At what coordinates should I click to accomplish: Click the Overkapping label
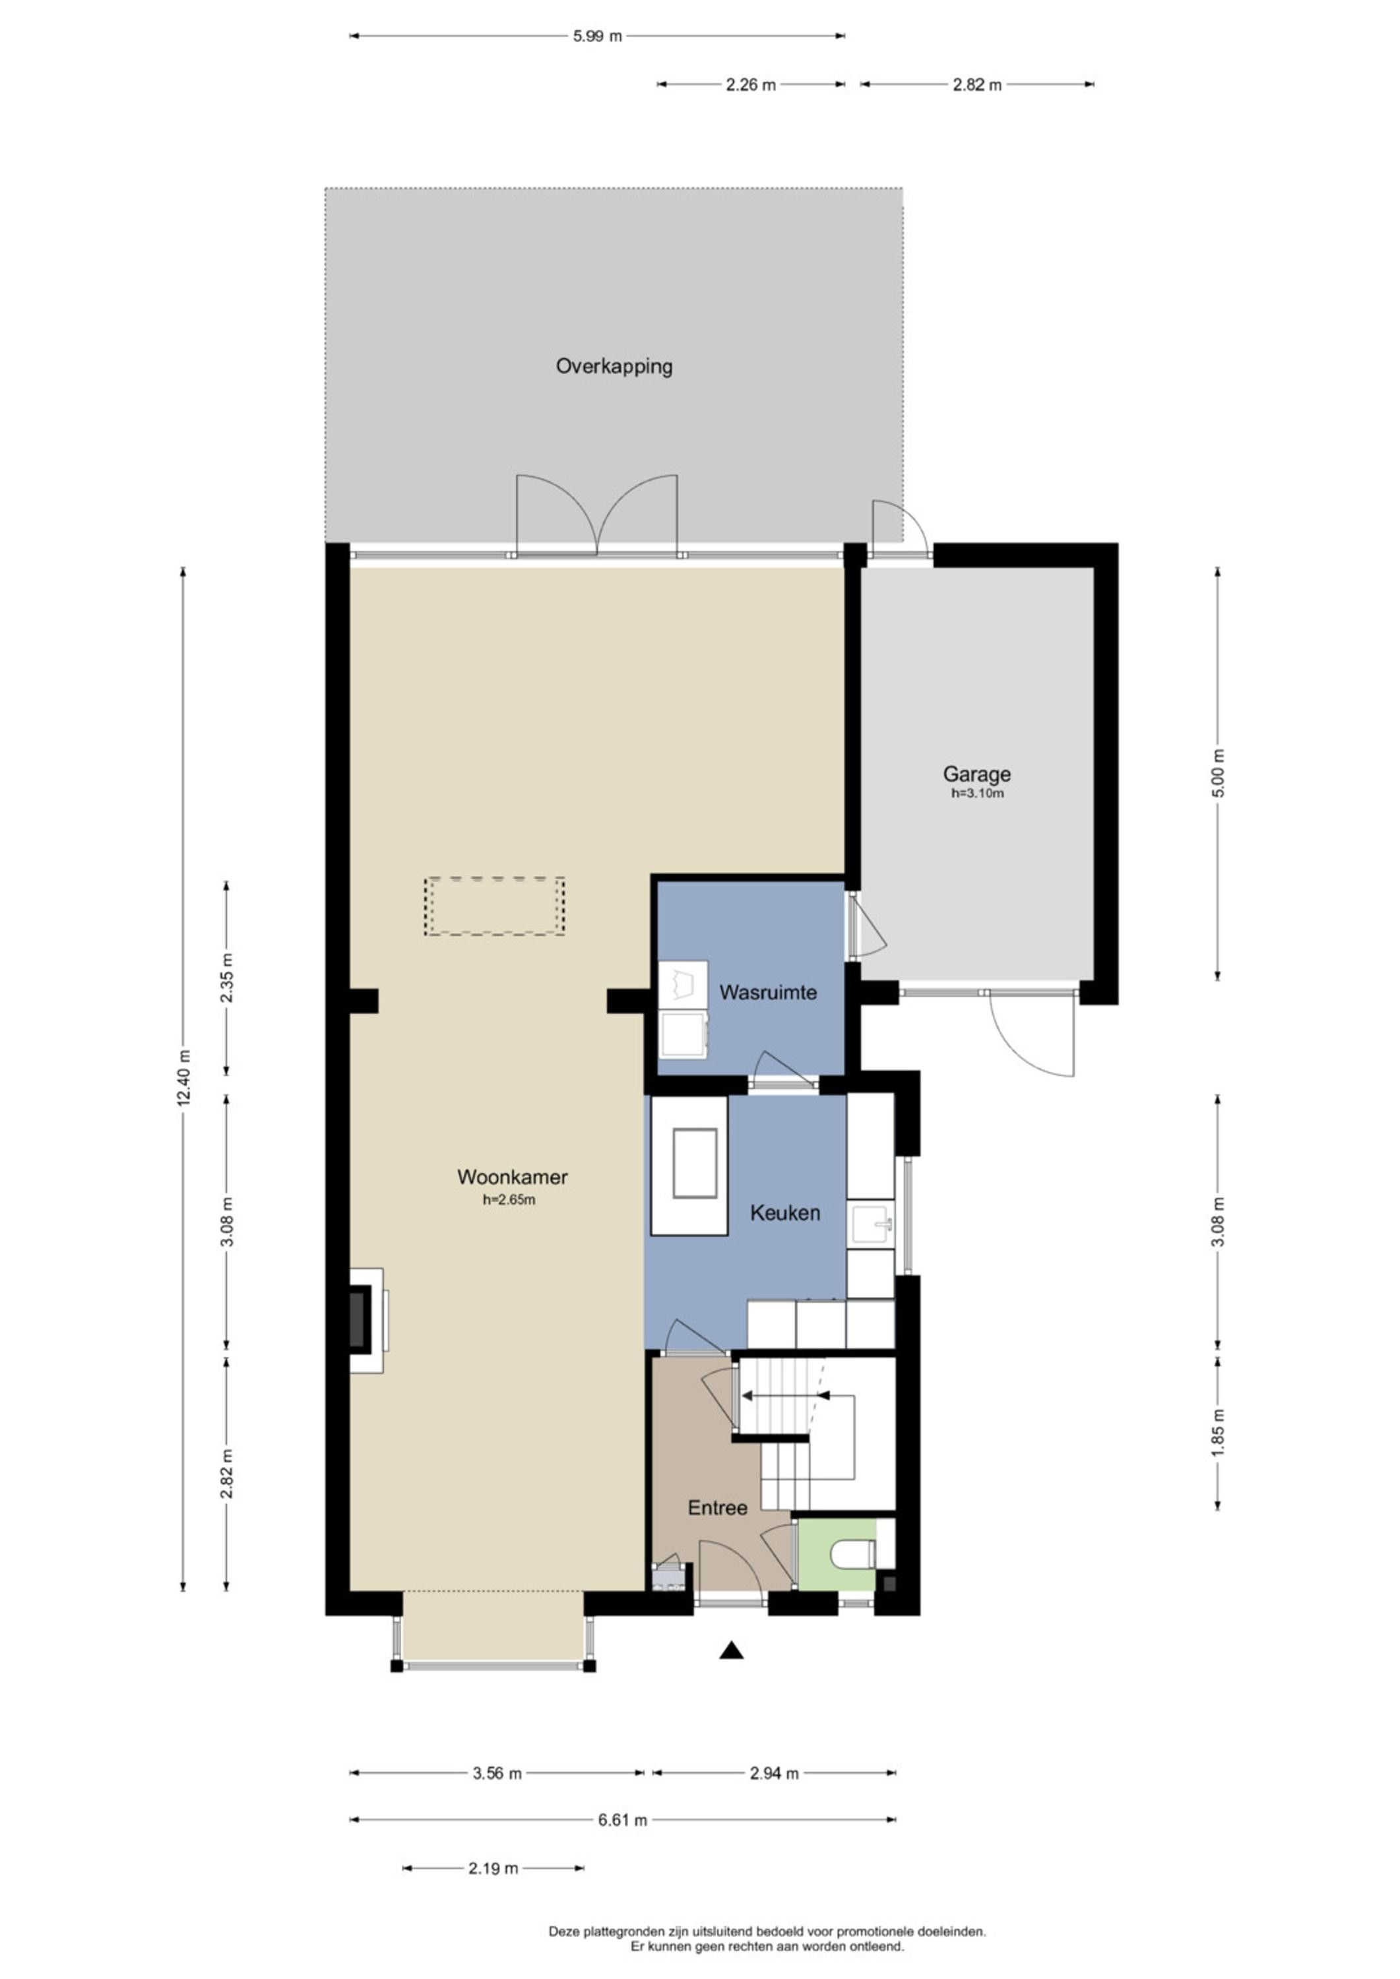click(614, 366)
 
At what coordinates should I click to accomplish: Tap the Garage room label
click(976, 774)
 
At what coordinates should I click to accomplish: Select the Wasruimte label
click(768, 992)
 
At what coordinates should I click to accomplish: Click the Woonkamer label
click(512, 1177)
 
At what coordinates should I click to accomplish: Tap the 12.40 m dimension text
click(183, 1079)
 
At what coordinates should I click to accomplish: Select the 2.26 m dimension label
click(751, 84)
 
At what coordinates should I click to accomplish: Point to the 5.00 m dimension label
click(1218, 773)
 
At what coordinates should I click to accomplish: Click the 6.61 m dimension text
click(622, 1821)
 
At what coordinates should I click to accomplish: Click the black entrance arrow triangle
click(732, 1650)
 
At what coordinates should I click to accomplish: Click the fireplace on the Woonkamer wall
click(367, 1321)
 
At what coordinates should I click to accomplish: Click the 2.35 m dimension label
click(227, 978)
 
